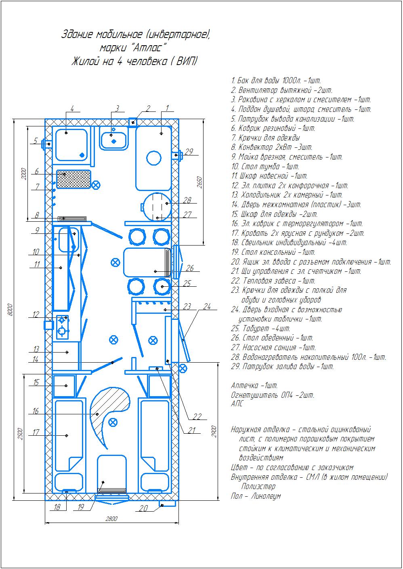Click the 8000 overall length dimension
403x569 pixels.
[10, 310]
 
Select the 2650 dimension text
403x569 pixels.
[199, 182]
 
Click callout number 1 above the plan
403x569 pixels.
[167, 108]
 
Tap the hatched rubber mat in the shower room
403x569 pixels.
[73, 179]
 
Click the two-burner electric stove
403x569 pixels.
[62, 327]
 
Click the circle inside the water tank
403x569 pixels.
[154, 158]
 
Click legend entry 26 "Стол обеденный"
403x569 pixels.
[272, 338]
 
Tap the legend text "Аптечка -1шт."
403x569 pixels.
[254, 386]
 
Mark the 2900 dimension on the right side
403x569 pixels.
[214, 431]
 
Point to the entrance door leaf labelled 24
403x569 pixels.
[184, 340]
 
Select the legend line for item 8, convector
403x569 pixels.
[272, 147]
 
